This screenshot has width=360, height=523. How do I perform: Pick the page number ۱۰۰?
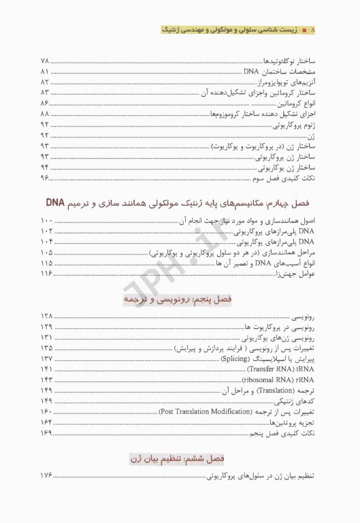click(47, 221)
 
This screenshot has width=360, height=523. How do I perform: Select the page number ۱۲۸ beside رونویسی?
click(47, 317)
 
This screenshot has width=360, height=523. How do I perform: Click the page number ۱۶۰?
click(47, 412)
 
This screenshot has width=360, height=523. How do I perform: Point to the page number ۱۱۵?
click(47, 263)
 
